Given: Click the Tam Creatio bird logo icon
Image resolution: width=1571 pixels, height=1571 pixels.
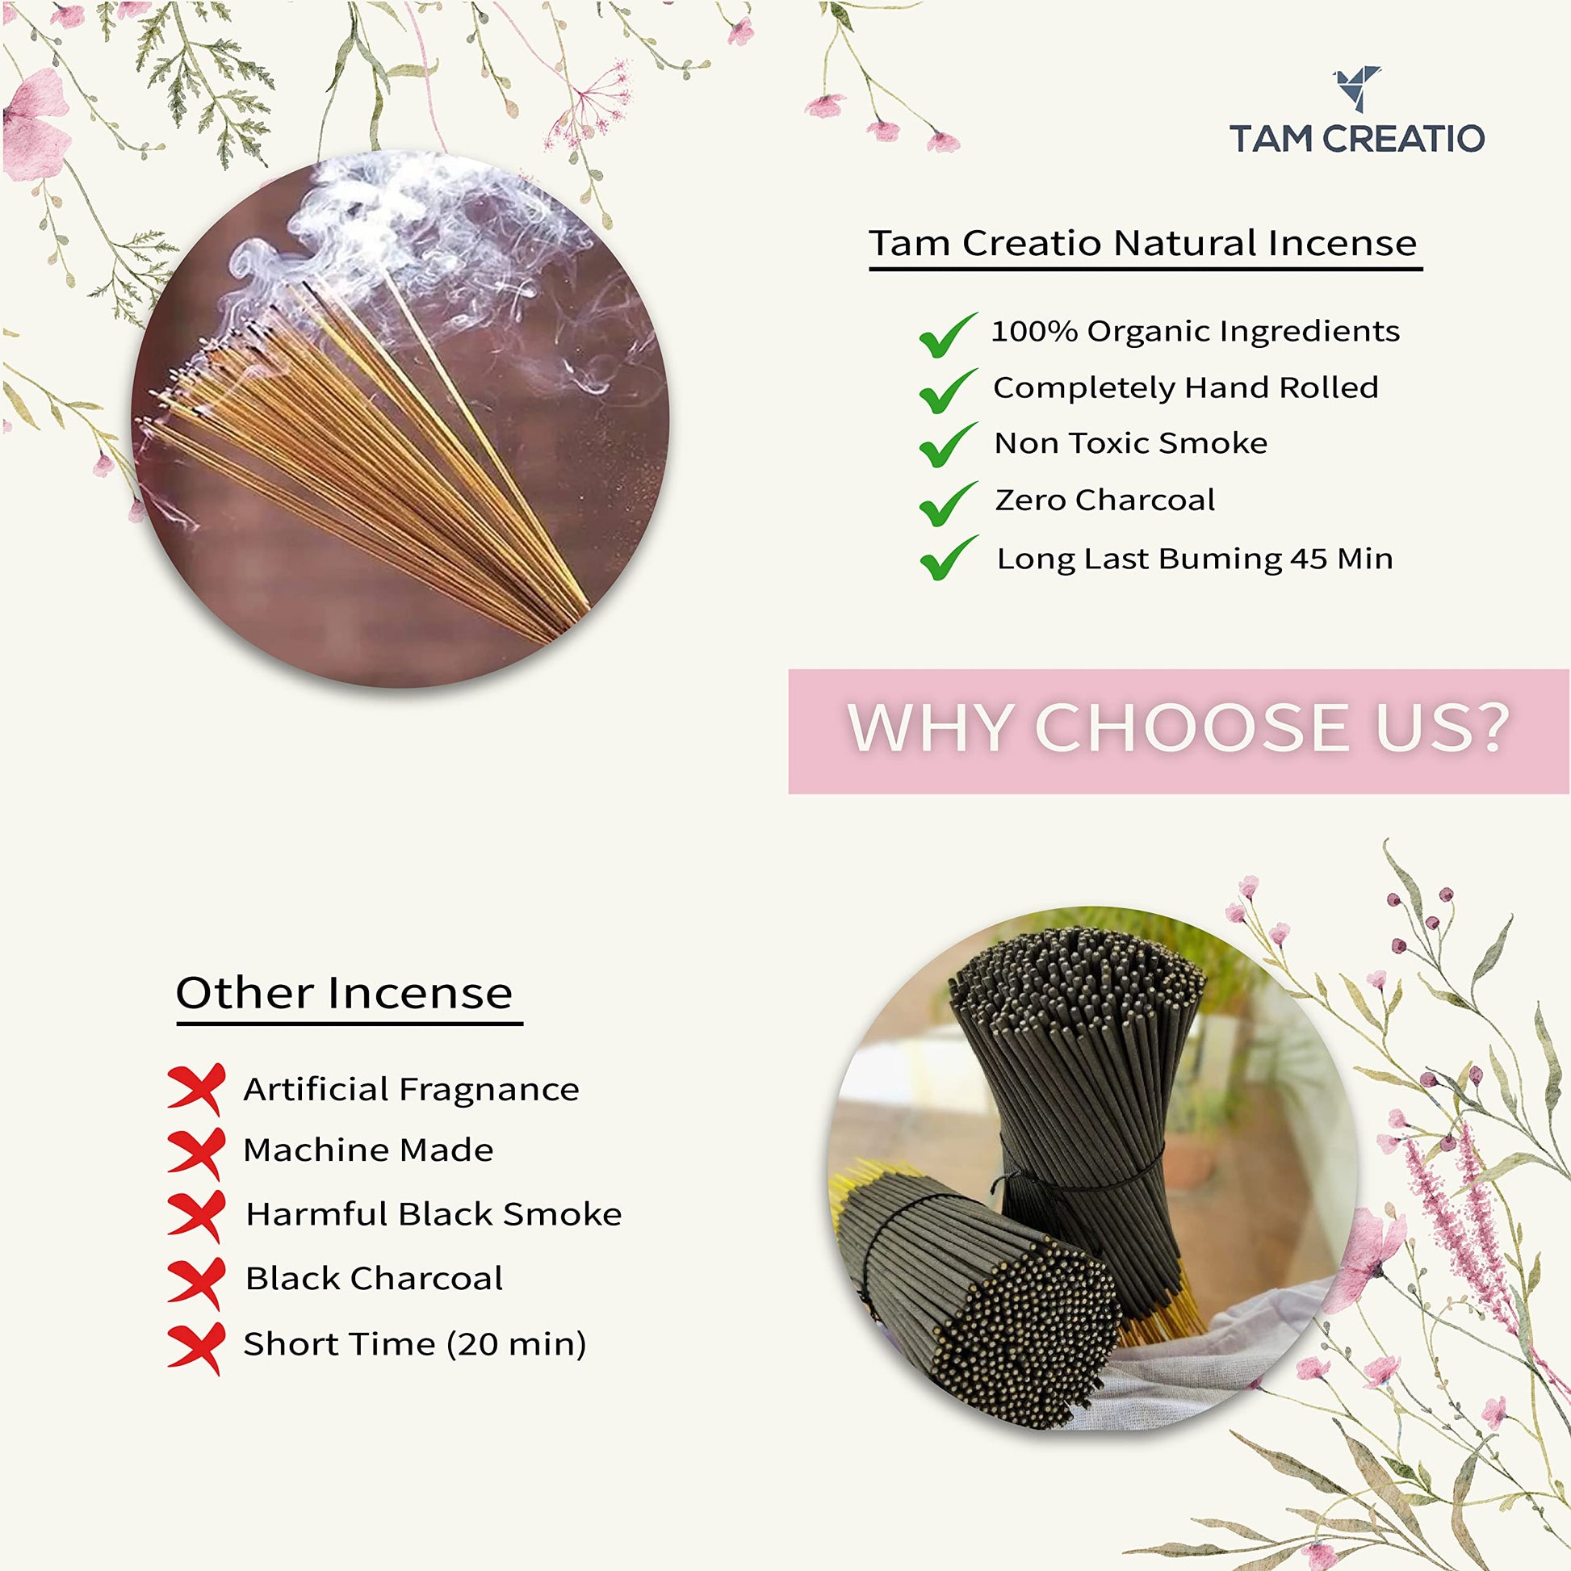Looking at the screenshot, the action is [x=1355, y=89].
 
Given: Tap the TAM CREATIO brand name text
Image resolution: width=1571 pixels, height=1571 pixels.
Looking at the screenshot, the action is [x=1357, y=139].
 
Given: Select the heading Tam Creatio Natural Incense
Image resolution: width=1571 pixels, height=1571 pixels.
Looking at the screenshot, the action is [x=1143, y=242].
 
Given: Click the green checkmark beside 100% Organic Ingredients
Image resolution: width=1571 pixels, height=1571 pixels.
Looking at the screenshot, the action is [x=947, y=334].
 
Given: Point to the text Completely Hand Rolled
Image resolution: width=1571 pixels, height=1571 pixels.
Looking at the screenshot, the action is [x=1186, y=387].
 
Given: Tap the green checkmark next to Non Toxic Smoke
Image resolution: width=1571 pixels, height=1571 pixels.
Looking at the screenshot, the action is [x=947, y=445].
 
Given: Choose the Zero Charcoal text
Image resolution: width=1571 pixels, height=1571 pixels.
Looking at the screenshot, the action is [x=1105, y=499].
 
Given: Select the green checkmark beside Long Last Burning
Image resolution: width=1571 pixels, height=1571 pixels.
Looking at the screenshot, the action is [x=947, y=558].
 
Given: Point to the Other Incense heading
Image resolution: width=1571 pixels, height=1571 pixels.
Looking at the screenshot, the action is [x=344, y=993].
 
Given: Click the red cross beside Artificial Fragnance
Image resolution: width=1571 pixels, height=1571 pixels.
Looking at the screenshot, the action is [x=196, y=1089].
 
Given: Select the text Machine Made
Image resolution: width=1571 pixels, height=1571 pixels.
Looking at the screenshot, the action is [x=368, y=1150].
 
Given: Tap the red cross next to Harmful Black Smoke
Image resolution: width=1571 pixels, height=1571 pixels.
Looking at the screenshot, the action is [x=196, y=1217].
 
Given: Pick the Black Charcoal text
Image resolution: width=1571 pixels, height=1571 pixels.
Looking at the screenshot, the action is [x=374, y=1278].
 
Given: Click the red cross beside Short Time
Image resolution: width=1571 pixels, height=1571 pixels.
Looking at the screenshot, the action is [x=196, y=1347].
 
